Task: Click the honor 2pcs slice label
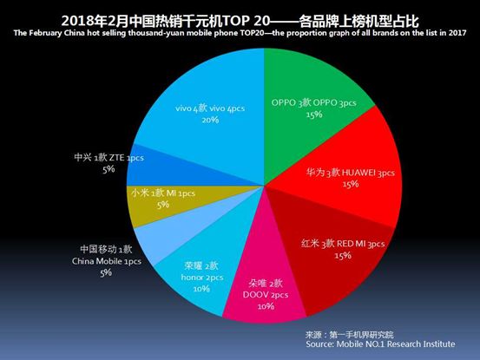[195, 276]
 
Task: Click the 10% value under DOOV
[266, 306]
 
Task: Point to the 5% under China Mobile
[107, 272]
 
